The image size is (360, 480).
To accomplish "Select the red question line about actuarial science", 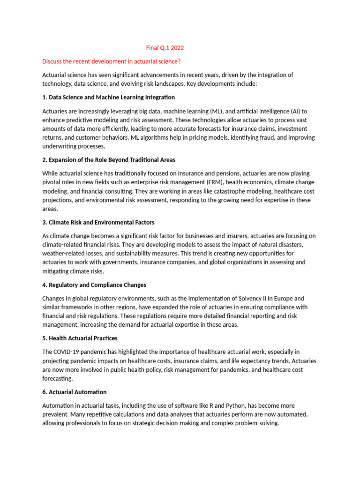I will click(x=111, y=61).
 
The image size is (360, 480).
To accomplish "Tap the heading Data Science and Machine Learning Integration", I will click(x=108, y=97).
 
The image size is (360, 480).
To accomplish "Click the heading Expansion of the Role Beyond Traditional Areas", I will click(x=109, y=160).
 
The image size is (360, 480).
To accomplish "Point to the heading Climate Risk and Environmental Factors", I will click(x=98, y=222).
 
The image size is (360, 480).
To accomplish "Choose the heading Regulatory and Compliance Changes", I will click(x=94, y=285).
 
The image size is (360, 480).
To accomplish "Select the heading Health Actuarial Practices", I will click(x=80, y=338).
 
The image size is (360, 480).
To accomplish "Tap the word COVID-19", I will click(x=71, y=352).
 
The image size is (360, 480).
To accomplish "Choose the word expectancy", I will click(x=260, y=361).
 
